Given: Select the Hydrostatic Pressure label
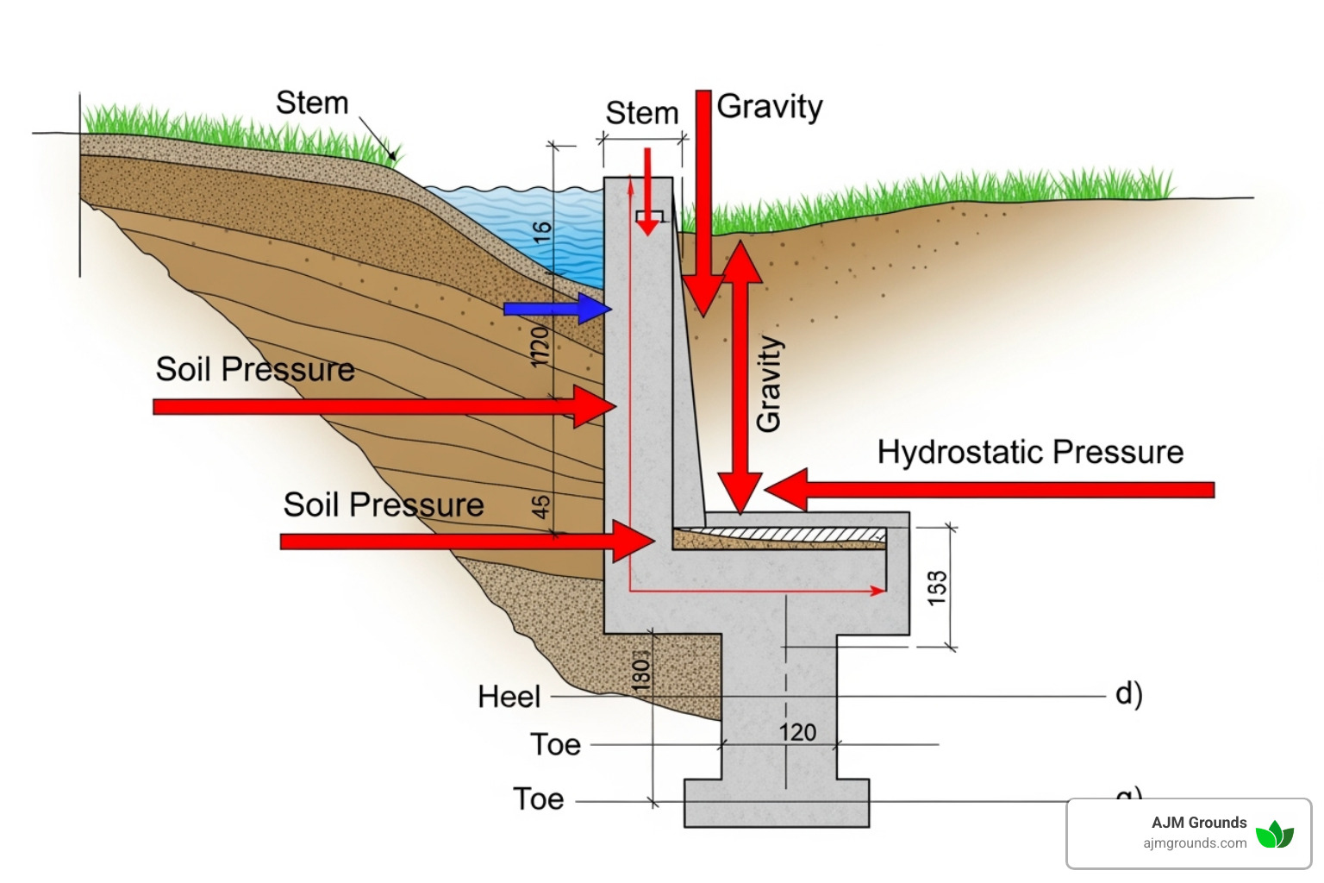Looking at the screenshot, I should pyautogui.click(x=1030, y=452).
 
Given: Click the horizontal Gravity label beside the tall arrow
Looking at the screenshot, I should pyautogui.click(x=770, y=107).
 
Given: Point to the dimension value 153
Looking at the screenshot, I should pyautogui.click(x=937, y=587).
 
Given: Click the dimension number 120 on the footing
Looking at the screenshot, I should pyautogui.click(x=797, y=732).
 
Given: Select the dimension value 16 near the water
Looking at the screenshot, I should pyautogui.click(x=541, y=233).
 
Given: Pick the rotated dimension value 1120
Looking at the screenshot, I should pyautogui.click(x=540, y=347).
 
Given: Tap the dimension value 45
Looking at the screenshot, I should pyautogui.click(x=540, y=506).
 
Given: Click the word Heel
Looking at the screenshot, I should pyautogui.click(x=509, y=697).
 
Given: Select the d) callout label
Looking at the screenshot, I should pyautogui.click(x=1128, y=693).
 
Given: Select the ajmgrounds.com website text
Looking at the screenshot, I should pyautogui.click(x=1195, y=843).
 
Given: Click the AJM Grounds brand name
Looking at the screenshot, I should pyautogui.click(x=1199, y=823).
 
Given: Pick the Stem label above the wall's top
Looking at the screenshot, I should pyautogui.click(x=642, y=113).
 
